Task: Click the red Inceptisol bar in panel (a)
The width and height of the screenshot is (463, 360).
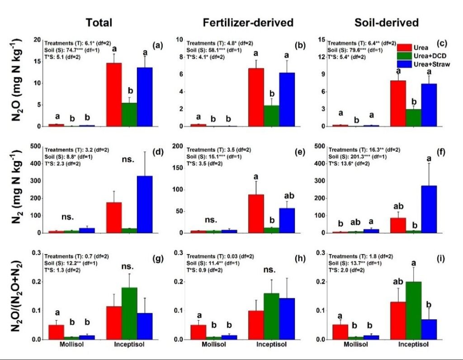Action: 113,95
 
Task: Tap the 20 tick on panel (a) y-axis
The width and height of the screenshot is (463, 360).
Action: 37,39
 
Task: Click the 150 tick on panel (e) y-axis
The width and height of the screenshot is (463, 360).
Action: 178,167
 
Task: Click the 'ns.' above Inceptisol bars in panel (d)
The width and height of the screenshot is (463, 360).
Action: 130,159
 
